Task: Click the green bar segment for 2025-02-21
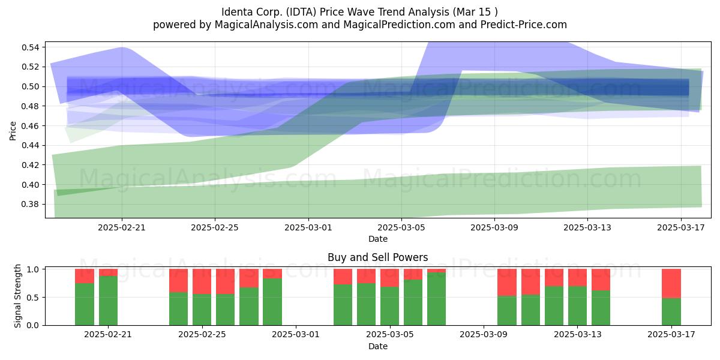(108, 301)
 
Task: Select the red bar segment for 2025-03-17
(671, 283)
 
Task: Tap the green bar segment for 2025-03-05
(389, 305)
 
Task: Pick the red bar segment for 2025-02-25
(202, 281)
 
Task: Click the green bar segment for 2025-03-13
(577, 305)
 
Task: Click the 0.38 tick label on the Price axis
(30, 205)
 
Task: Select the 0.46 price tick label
(30, 126)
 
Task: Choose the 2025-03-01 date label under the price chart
(308, 227)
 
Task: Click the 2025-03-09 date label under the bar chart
(484, 334)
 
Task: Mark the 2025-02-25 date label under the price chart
(215, 227)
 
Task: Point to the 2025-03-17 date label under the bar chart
(671, 334)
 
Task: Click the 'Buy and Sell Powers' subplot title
(377, 257)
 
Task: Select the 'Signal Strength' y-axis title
(17, 296)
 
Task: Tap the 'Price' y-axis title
(13, 131)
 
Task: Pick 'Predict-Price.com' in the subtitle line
(524, 25)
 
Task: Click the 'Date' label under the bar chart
(377, 346)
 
